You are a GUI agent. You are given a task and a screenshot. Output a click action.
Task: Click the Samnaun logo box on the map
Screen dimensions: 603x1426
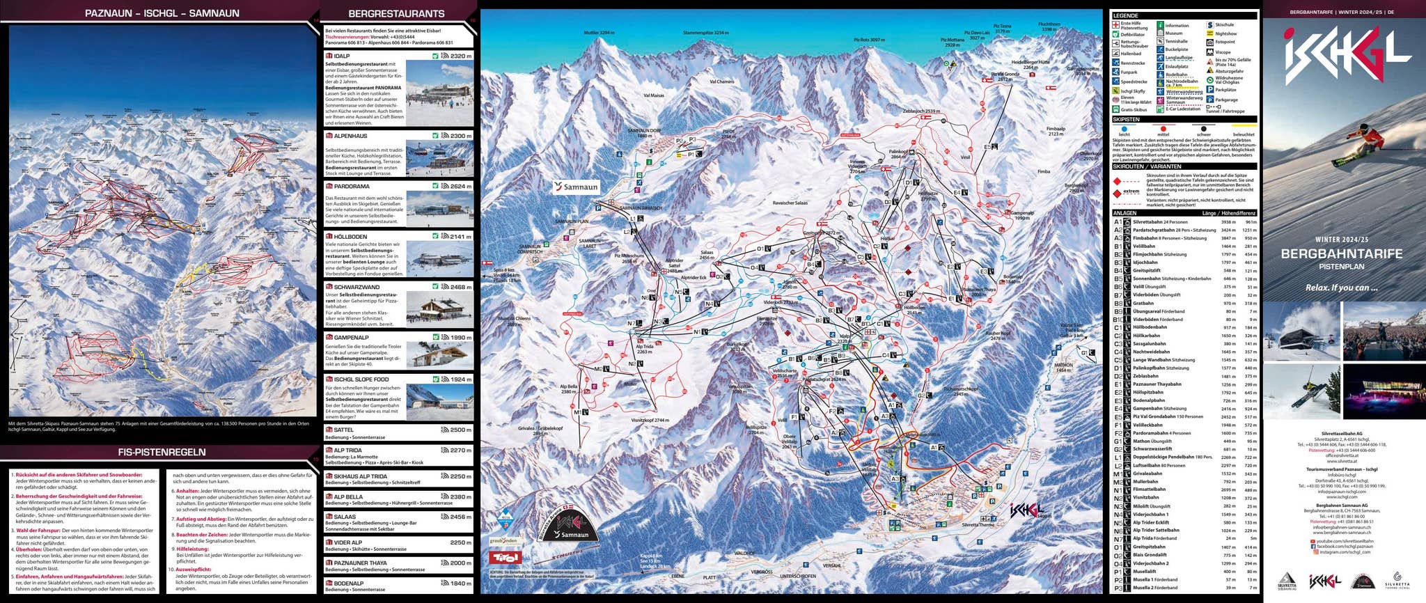(576, 187)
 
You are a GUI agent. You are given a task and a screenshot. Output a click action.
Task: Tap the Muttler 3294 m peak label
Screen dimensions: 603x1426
(599, 33)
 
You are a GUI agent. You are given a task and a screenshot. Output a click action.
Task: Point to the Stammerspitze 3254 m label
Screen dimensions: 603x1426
(705, 33)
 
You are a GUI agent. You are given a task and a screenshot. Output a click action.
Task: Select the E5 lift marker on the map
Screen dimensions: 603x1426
(990, 147)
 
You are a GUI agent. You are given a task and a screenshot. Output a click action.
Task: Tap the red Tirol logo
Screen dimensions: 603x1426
(504, 557)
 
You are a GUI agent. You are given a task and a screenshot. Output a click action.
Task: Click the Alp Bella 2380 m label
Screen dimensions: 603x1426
(568, 389)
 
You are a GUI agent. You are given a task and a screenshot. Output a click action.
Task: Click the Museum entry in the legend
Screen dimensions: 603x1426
(1173, 33)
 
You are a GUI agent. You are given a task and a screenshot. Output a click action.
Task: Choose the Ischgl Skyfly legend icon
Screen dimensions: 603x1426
(1116, 91)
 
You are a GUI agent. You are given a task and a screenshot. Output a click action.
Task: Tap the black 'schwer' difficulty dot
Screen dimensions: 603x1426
(1204, 129)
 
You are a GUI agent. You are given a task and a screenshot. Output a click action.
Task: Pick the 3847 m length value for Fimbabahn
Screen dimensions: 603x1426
(1228, 238)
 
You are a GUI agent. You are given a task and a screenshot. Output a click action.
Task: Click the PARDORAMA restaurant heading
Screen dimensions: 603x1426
(352, 187)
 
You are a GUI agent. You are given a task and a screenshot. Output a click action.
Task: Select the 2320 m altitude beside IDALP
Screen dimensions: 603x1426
(460, 56)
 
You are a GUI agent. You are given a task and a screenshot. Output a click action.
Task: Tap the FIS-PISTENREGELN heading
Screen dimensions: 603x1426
(162, 452)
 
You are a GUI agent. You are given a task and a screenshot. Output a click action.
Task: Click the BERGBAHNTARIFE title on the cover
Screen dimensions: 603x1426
(1341, 254)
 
